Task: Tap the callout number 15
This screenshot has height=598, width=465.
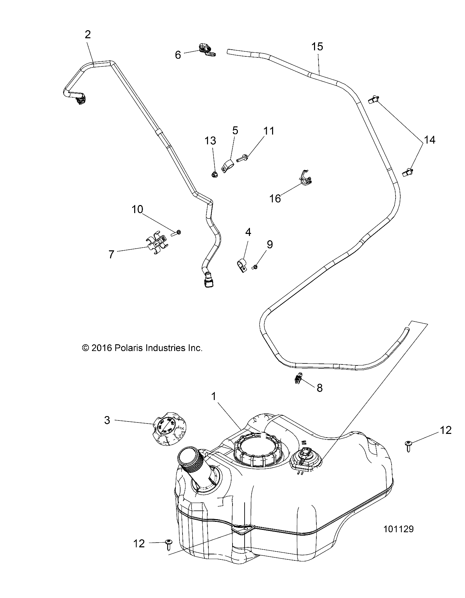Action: pos(317,47)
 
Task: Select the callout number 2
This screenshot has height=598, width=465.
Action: pos(88,35)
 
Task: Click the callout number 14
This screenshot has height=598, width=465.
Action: pos(430,140)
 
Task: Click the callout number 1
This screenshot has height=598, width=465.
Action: pos(213,397)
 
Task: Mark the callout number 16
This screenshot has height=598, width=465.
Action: pos(275,198)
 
